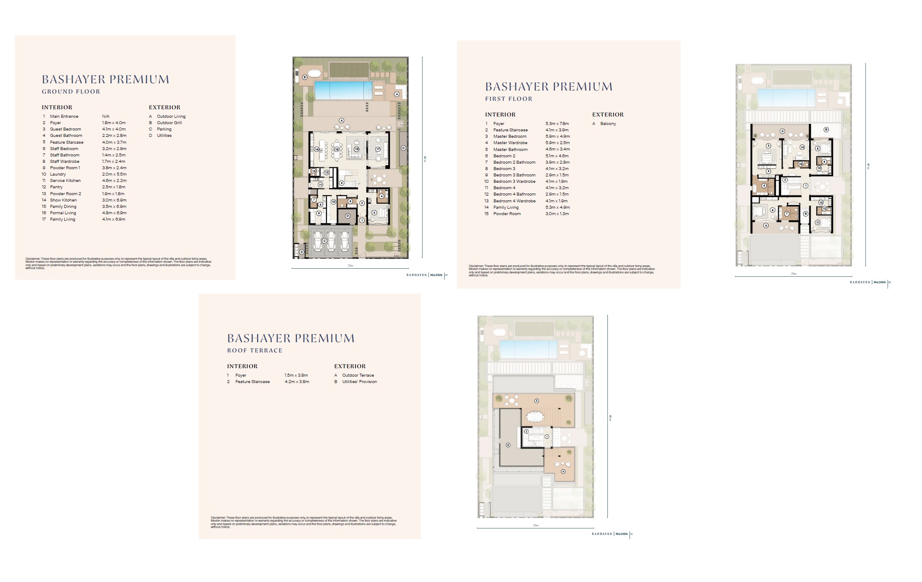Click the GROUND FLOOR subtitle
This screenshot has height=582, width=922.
coord(71,91)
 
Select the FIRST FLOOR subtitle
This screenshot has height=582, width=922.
coord(509,99)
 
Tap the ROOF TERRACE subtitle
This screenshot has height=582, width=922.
coord(255,350)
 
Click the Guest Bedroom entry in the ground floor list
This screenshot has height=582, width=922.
coord(65,129)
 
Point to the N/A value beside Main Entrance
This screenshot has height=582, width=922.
coord(106,116)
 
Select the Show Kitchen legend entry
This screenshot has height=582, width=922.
coord(63,200)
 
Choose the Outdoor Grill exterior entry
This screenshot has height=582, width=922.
coord(169,123)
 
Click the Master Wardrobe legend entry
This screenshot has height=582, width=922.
coord(510,143)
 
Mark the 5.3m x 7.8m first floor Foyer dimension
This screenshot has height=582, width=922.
coord(557,124)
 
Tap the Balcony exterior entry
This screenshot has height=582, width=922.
coord(608,124)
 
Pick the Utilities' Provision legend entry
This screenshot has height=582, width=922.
coord(360,382)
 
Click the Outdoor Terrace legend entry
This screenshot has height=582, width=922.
coord(358,375)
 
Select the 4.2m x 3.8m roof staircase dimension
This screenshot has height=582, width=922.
coord(297,382)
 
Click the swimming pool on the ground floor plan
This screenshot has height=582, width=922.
coord(340,90)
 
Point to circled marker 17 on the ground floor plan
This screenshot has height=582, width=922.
coord(377,149)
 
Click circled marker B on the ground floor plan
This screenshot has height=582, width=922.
coord(305,77)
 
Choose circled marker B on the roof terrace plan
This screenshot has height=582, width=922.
coord(508,445)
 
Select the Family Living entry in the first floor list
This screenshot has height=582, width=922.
coord(506,207)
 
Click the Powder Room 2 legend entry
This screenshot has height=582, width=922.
coord(65,194)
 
